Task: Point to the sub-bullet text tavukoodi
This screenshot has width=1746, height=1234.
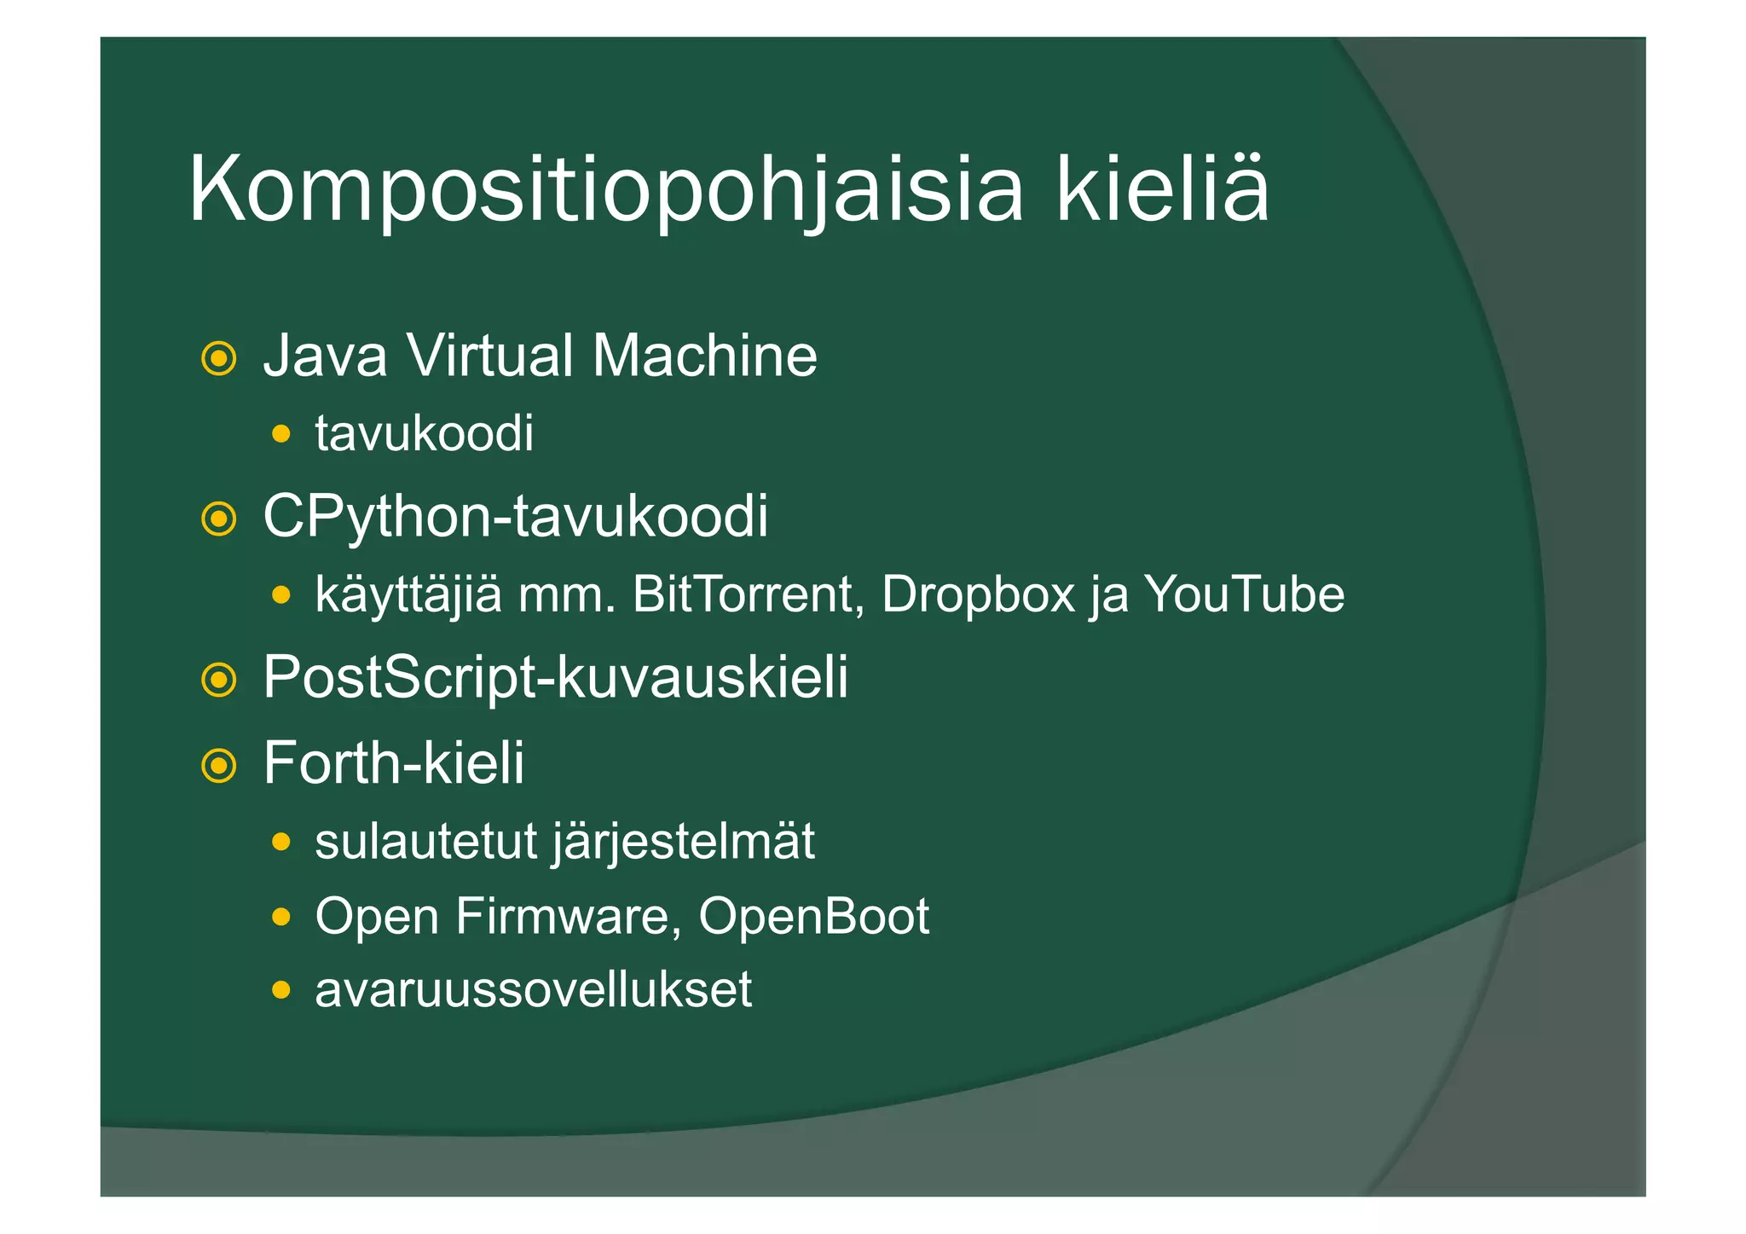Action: [424, 433]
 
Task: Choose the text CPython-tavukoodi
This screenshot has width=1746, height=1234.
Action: [515, 516]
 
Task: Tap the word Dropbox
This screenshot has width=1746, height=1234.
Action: [978, 594]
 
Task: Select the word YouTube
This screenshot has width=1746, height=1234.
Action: [1244, 594]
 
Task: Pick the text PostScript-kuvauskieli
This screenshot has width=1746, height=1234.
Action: [555, 677]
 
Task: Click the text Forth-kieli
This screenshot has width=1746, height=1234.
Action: [393, 762]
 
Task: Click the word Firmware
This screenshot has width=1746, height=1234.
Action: [568, 916]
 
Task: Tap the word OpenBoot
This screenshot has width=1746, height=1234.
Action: [813, 916]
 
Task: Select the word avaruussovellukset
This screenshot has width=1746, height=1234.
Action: [533, 989]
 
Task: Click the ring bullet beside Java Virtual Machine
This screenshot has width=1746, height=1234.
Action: [219, 358]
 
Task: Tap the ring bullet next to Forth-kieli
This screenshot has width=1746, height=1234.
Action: [219, 765]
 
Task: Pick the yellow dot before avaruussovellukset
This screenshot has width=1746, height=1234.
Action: [281, 991]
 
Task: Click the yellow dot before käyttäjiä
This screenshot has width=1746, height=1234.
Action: [281, 595]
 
